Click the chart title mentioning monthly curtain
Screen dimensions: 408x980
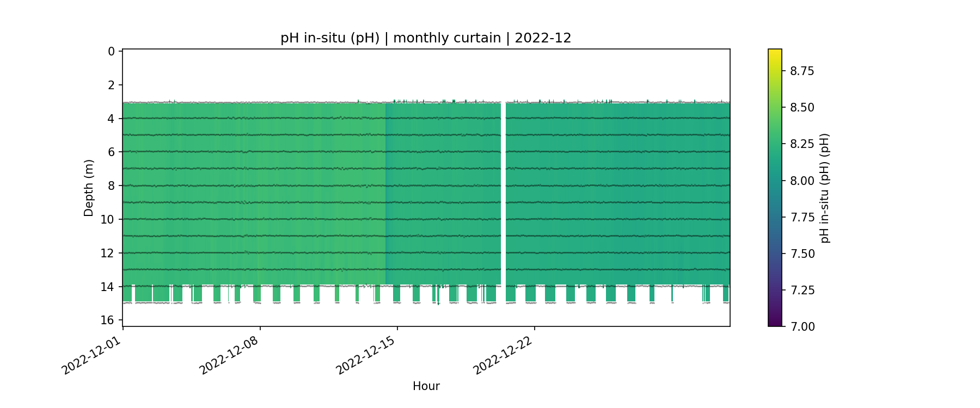[x=426, y=38]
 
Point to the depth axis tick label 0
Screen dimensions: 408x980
[x=111, y=52]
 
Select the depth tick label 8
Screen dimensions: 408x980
[x=111, y=186]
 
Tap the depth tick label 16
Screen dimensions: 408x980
[x=108, y=320]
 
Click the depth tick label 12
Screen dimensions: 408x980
[x=108, y=253]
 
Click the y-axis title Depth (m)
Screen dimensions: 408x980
[x=89, y=188]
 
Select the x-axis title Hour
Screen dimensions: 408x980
[x=426, y=386]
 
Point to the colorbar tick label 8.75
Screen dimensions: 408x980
[x=802, y=71]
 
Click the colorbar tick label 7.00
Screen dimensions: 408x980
[x=802, y=326]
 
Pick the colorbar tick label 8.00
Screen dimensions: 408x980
[x=802, y=181]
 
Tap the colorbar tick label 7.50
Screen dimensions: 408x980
[x=802, y=254]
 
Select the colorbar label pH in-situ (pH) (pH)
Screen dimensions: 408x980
[x=825, y=188]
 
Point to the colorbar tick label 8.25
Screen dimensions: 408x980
[x=802, y=144]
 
